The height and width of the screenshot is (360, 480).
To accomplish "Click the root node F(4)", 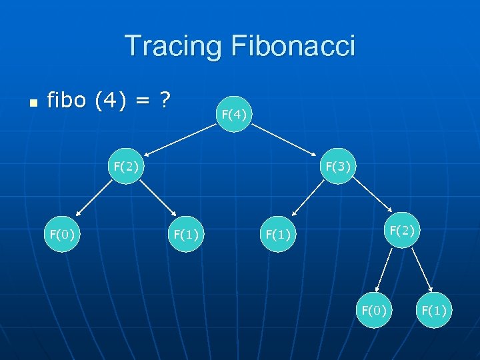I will [x=234, y=115].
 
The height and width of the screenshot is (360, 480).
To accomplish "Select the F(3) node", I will [x=339, y=165].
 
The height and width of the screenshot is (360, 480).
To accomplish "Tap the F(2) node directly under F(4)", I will [x=126, y=165].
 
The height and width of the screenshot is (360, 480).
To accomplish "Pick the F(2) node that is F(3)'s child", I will [x=403, y=231].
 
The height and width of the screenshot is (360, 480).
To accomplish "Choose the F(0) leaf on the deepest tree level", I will [x=373, y=310].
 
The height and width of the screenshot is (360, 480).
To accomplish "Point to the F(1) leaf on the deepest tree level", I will [x=434, y=310].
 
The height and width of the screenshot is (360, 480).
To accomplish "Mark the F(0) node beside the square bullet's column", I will [x=63, y=233].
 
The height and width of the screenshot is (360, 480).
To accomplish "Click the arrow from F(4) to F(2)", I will [x=180, y=140].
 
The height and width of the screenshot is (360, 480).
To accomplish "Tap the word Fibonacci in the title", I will [x=293, y=46].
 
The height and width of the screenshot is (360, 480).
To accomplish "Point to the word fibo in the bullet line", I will [x=67, y=101].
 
